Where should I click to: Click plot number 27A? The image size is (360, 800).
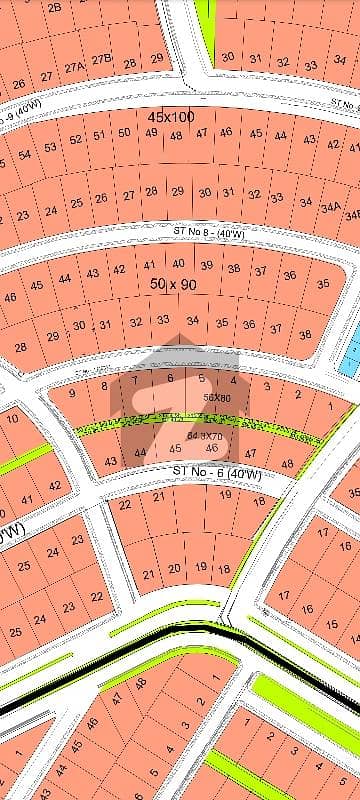click(74, 69)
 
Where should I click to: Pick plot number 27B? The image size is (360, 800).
click(102, 60)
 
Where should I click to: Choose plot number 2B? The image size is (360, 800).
click(54, 7)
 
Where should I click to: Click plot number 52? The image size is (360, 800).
click(76, 139)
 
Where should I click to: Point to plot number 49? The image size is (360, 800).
click(150, 132)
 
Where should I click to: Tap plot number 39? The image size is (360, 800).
click(207, 265)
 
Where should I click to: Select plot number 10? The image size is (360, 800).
click(12, 417)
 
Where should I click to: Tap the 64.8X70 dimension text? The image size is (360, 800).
click(204, 436)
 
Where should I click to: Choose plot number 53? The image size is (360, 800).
click(49, 148)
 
